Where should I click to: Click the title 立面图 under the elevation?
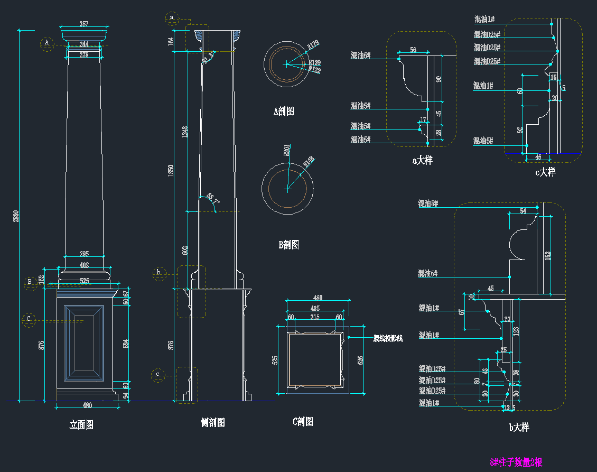pos(81,424)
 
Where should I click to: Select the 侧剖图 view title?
pos(213,422)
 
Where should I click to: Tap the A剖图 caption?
pos(284,112)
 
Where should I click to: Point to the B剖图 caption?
pos(288,245)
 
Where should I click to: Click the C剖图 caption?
pos(303,421)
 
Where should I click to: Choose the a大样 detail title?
pos(422,160)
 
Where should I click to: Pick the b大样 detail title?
pos(519,427)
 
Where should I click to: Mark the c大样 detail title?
pos(545,172)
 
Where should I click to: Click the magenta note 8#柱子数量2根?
pos(516,462)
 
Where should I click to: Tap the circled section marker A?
pos(47,43)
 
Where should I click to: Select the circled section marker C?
pos(29,319)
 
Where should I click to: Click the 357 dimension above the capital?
pos(83,24)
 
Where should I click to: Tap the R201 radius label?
pos(286,151)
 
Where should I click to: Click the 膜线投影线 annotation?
pos(388,338)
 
